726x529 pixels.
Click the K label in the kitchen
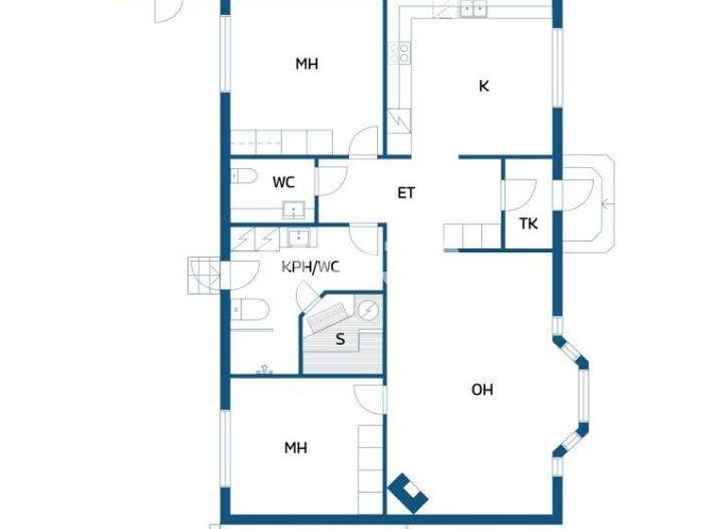point(484,86)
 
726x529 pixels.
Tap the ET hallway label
point(406,193)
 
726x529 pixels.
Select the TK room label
point(528,224)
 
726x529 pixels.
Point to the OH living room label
point(482,389)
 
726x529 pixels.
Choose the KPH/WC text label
point(311,266)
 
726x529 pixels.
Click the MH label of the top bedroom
point(306,64)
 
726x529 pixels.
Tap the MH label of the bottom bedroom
point(296,448)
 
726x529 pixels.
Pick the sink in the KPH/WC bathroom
point(299,237)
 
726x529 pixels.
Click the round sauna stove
point(367,309)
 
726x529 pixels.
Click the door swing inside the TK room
point(518,195)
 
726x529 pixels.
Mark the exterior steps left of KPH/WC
point(202,274)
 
